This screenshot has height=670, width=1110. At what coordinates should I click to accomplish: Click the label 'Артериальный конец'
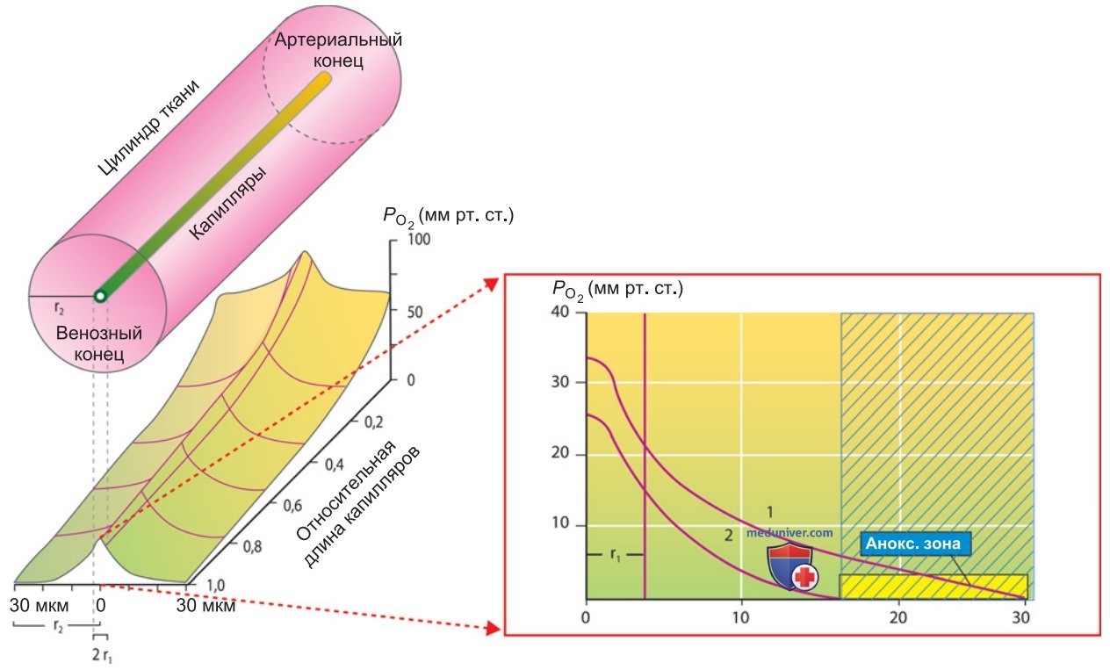[x=338, y=50]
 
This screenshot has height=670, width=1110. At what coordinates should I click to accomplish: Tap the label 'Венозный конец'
[x=99, y=343]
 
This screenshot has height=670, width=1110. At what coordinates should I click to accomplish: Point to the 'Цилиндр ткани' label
[x=148, y=126]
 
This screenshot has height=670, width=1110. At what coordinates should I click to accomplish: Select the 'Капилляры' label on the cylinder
[x=228, y=203]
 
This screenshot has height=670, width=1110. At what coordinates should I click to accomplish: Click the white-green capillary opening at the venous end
[x=101, y=296]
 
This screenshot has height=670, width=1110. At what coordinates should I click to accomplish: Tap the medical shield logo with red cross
[x=792, y=568]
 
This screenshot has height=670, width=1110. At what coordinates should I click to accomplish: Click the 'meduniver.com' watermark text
[x=789, y=533]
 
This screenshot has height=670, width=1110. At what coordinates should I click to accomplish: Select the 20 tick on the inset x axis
[x=897, y=617]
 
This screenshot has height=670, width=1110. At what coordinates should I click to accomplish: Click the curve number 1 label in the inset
[x=769, y=511]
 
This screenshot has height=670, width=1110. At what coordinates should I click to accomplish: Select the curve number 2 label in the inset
[x=729, y=535]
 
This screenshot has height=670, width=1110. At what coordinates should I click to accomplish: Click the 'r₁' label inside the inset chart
[x=615, y=555]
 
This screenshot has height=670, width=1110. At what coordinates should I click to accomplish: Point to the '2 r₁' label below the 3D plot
[x=102, y=655]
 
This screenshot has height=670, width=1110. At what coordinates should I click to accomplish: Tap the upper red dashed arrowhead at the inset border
[x=491, y=284]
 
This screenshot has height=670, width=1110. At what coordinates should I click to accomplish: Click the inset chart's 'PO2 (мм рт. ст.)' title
[x=617, y=290]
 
